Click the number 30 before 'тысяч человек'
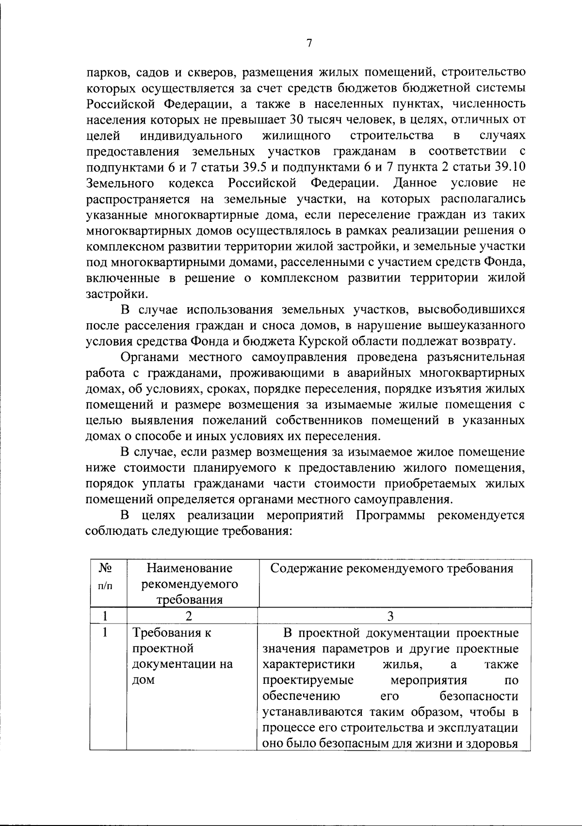[x=297, y=119]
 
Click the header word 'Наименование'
[x=190, y=568]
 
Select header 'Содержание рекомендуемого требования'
[x=391, y=568]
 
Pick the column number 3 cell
[x=391, y=615]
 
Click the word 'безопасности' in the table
[x=479, y=696]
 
